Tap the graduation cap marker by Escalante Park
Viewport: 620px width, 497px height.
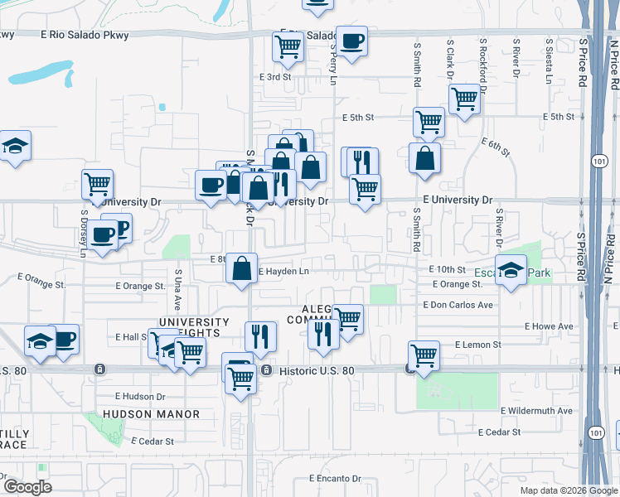click(511, 271)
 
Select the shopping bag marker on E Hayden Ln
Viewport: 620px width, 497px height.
click(241, 268)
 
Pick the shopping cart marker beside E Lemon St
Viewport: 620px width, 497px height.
click(424, 356)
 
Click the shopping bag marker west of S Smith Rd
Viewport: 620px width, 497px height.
click(424, 159)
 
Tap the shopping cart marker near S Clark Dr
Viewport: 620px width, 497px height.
click(464, 99)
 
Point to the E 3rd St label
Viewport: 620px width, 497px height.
click(276, 76)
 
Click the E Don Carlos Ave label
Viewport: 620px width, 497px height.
click(458, 305)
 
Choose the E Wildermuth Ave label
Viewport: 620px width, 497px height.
click(536, 411)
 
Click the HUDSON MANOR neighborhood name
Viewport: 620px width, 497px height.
click(152, 414)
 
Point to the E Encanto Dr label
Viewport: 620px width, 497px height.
click(335, 479)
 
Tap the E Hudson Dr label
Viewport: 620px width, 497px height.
click(140, 397)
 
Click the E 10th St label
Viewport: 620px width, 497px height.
click(448, 270)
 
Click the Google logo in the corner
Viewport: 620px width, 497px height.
click(27, 487)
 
